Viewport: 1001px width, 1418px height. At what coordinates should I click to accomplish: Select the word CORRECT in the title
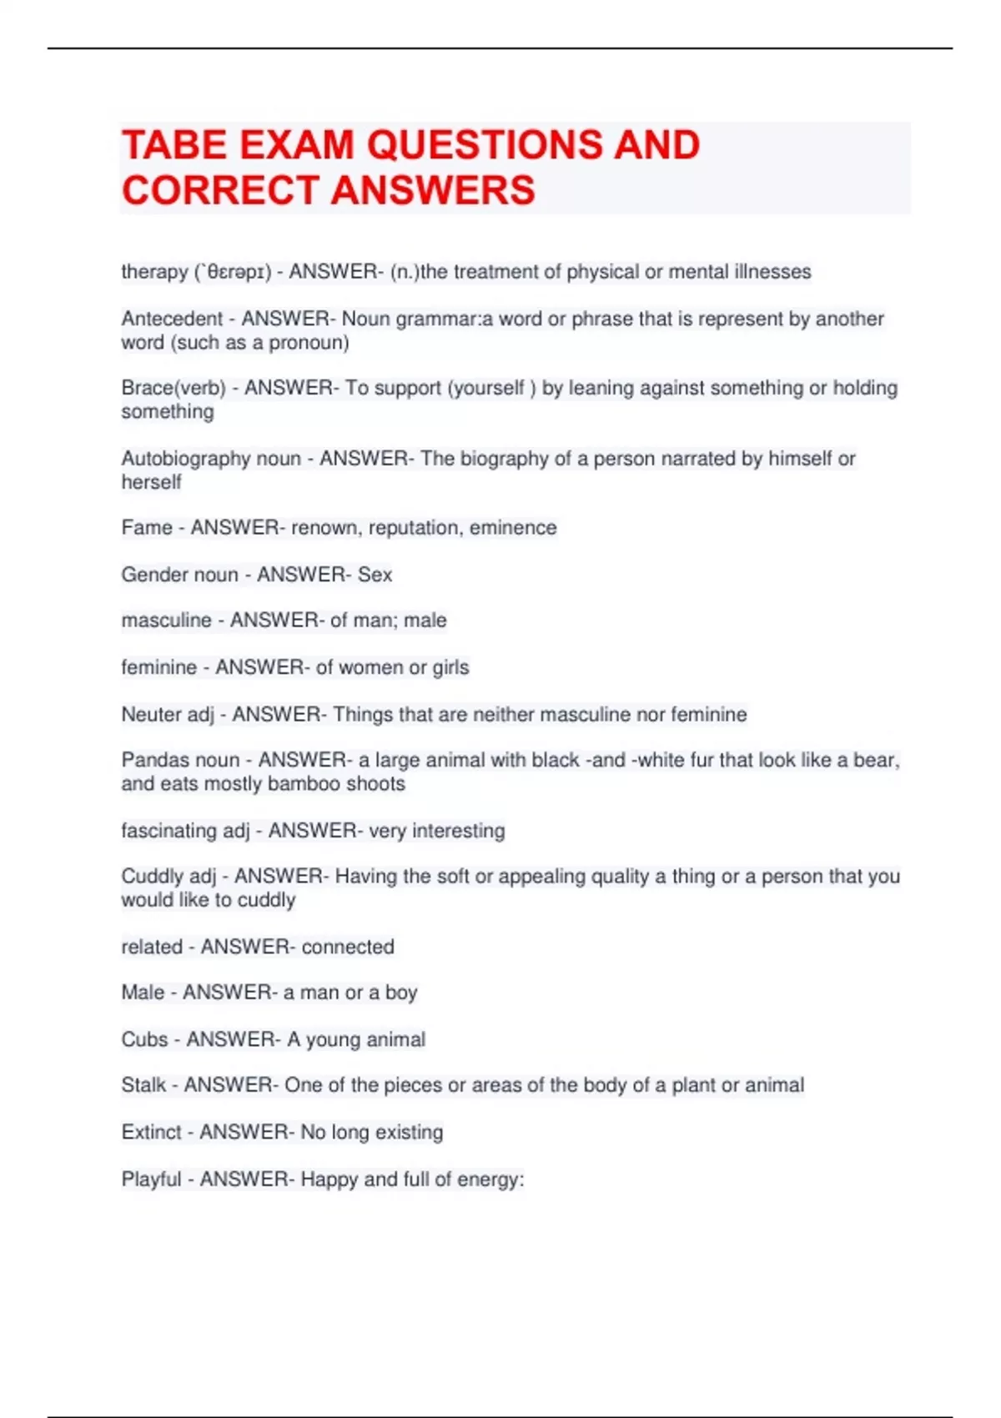point(220,190)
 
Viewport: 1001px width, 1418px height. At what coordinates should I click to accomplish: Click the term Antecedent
point(171,319)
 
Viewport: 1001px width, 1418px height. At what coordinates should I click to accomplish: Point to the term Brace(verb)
point(174,388)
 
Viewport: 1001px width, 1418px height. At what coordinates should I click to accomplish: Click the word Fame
point(147,527)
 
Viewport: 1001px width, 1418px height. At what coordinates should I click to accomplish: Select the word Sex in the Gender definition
point(375,574)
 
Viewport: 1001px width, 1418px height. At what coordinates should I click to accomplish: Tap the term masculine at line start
point(166,620)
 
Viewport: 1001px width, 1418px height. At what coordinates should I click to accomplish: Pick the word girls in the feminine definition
point(450,667)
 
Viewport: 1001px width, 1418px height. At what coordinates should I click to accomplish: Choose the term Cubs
point(144,1039)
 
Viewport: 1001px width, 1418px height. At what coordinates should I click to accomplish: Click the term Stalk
point(143,1085)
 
